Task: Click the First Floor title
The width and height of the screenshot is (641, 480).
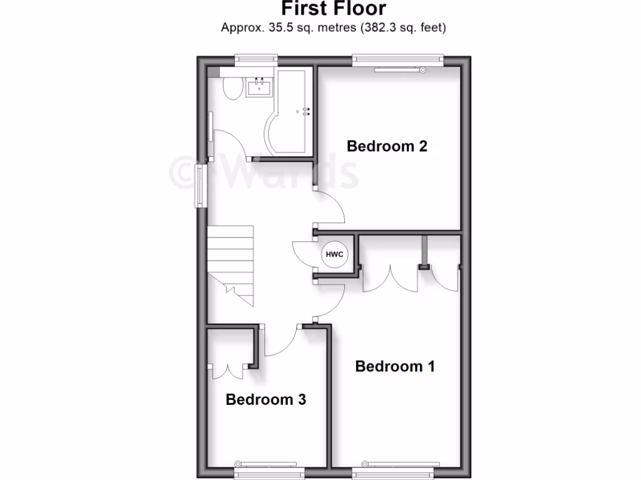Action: pyautogui.click(x=333, y=9)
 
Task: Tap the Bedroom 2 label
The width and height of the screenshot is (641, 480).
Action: pyautogui.click(x=387, y=146)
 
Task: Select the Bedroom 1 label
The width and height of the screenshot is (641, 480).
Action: pyautogui.click(x=394, y=366)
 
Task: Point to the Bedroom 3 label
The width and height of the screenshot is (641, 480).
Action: pyautogui.click(x=265, y=399)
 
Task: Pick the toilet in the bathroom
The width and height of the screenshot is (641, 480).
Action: pyautogui.click(x=232, y=89)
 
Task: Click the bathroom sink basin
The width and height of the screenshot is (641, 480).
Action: pyautogui.click(x=259, y=87)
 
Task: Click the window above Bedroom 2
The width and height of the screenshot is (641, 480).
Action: pyautogui.click(x=398, y=61)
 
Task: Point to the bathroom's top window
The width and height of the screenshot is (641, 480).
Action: pyautogui.click(x=255, y=60)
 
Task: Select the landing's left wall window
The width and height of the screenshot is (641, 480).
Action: pyautogui.click(x=200, y=186)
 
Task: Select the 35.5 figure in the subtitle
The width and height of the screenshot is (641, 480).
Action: pyautogui.click(x=273, y=27)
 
